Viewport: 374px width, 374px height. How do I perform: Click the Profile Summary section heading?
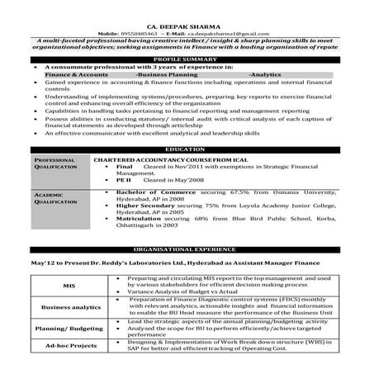187,59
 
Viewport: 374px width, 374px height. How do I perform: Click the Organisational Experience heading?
187,248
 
